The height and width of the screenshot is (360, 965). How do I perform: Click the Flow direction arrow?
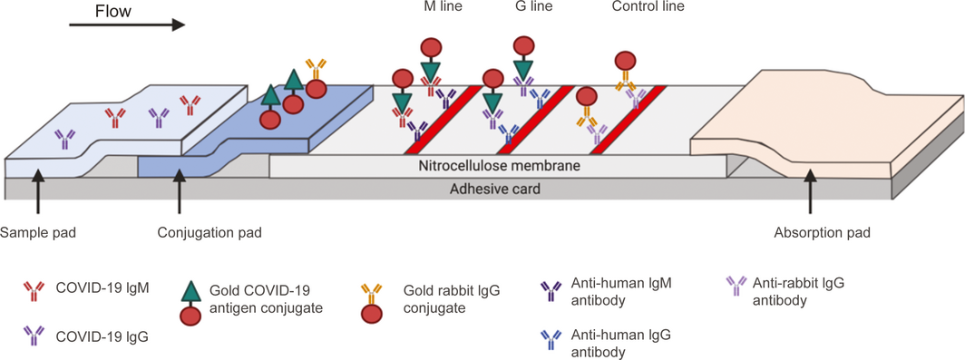click(x=127, y=25)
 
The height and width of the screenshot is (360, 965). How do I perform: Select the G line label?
click(x=533, y=7)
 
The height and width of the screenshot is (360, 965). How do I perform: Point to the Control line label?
click(x=648, y=7)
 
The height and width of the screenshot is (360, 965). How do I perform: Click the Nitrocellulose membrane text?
click(x=501, y=166)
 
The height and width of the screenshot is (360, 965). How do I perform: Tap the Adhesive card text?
click(x=495, y=189)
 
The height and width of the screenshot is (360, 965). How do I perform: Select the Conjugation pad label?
click(x=210, y=233)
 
